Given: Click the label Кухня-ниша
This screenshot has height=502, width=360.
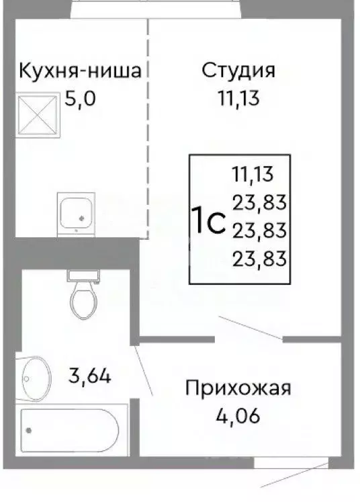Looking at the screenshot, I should [80, 71].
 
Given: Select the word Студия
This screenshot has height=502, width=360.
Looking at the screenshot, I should [239, 71].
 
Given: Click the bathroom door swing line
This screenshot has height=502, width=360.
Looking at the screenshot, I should [144, 370].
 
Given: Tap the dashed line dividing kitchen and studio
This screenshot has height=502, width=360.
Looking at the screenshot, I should [148, 134].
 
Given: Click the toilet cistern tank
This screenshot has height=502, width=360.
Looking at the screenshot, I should [84, 275].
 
